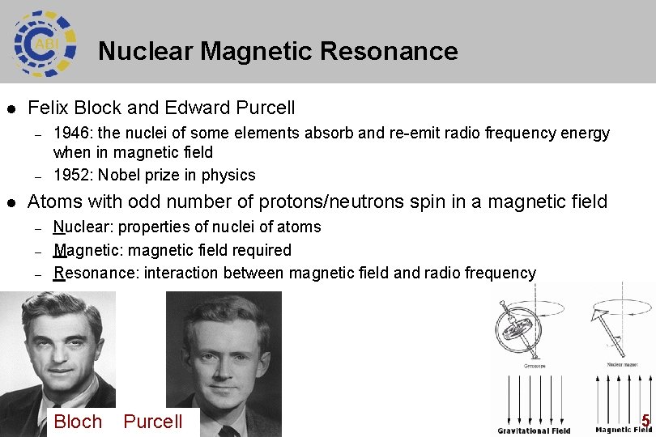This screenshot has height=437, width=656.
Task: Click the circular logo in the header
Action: pyautogui.click(x=45, y=41)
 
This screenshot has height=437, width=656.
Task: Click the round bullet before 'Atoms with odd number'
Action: pyautogui.click(x=11, y=202)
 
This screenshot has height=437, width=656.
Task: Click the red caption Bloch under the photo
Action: pyautogui.click(x=78, y=422)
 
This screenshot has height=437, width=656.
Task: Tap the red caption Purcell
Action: pyautogui.click(x=153, y=422)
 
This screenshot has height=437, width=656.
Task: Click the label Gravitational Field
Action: pyautogui.click(x=534, y=431)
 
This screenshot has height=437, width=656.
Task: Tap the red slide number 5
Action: pyautogui.click(x=645, y=420)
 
